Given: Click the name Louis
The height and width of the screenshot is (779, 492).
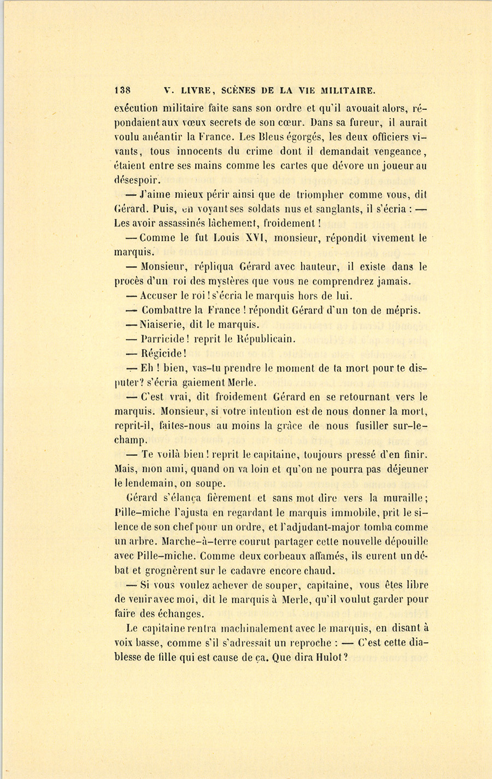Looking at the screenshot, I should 225,238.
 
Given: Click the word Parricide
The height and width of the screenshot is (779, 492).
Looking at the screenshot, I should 163,339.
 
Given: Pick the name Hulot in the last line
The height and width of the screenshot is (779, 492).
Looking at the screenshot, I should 329,658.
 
